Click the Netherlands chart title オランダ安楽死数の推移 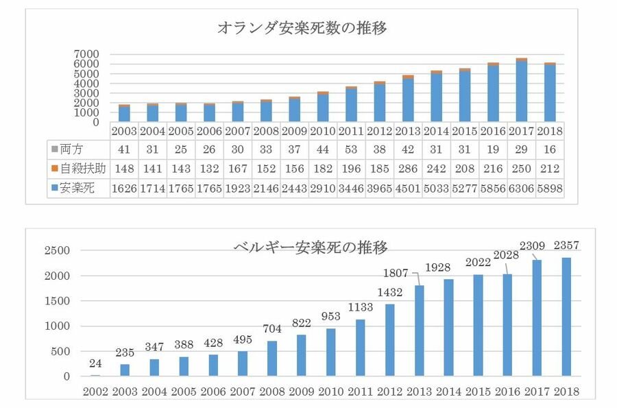pyautogui.click(x=303, y=29)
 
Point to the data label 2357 pyautogui.click(x=566, y=244)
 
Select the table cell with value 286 pyautogui.click(x=407, y=168)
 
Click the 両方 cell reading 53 pyautogui.click(x=350, y=149)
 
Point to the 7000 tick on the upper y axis pyautogui.click(x=88, y=54)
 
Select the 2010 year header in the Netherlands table pyautogui.click(x=322, y=130)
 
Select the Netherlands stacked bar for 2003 pyautogui.click(x=124, y=113)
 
